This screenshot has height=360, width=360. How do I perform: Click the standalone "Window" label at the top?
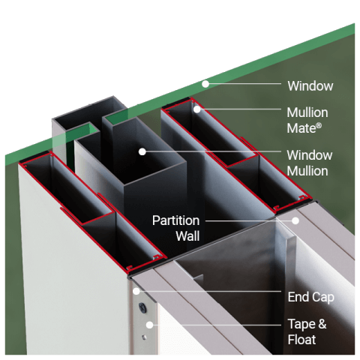pyautogui.click(x=310, y=86)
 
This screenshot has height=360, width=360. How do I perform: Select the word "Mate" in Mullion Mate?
pyautogui.click(x=301, y=127)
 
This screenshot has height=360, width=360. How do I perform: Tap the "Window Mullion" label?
pyautogui.click(x=307, y=163)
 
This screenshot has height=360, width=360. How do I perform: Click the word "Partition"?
pyautogui.click(x=175, y=221)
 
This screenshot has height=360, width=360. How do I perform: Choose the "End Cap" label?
pyautogui.click(x=310, y=297)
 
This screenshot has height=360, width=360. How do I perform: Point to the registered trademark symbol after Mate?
pyautogui.click(x=319, y=125)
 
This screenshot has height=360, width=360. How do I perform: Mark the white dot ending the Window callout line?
pyautogui.click(x=203, y=84)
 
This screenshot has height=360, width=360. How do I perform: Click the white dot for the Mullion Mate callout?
pyautogui.click(x=196, y=109)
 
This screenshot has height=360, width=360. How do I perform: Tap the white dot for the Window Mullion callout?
pyautogui.click(x=142, y=152)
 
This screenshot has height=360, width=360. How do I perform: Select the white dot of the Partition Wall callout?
pyautogui.click(x=295, y=221)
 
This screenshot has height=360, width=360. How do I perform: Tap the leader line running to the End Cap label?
pyautogui.click(x=210, y=293)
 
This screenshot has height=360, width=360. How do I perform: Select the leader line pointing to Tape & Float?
pyautogui.click(x=217, y=325)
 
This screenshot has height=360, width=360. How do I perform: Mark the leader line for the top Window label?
pyautogui.click(x=244, y=85)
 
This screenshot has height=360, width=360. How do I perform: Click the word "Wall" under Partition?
pyautogui.click(x=187, y=236)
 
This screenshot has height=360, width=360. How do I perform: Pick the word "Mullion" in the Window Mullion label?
pyautogui.click(x=307, y=170)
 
